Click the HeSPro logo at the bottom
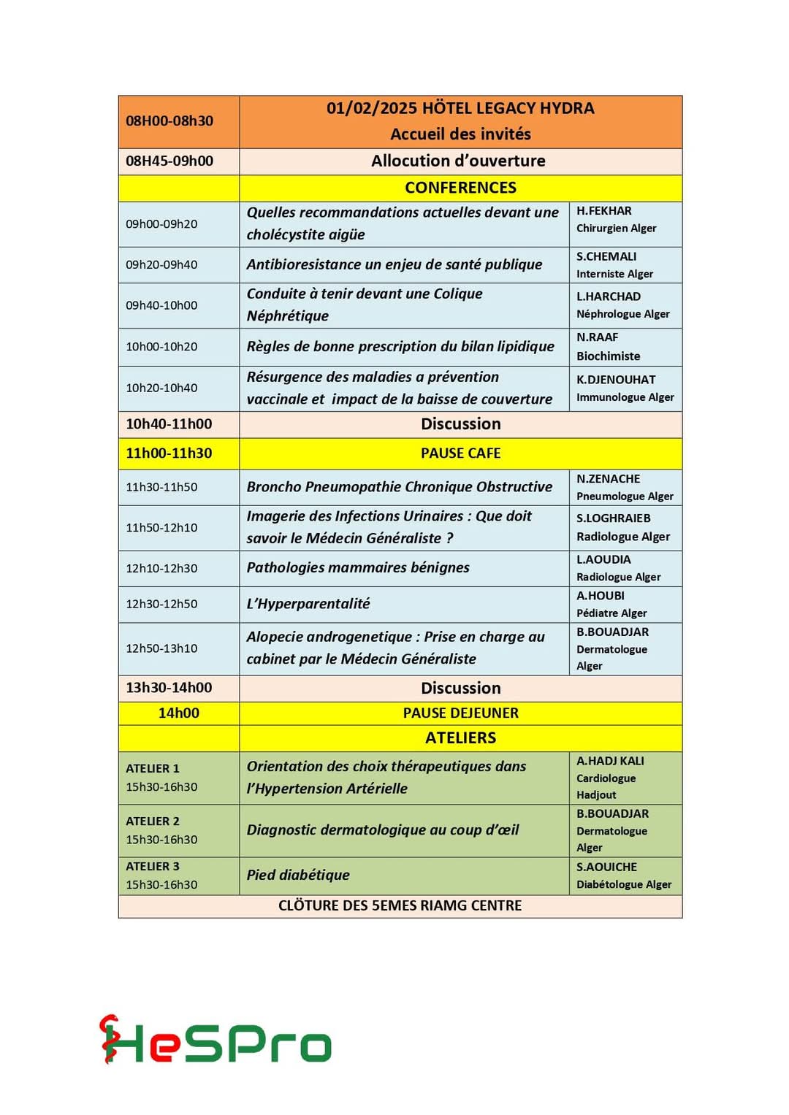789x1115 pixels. [x=216, y=1041]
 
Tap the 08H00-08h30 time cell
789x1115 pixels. [x=169, y=121]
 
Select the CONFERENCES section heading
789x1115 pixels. [x=460, y=188]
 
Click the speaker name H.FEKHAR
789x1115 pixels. [x=604, y=211]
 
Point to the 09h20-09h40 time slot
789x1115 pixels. [x=161, y=264]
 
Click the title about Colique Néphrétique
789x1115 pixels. [x=365, y=304]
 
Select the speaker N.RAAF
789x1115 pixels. [x=598, y=337]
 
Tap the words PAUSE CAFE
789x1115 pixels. [x=460, y=453]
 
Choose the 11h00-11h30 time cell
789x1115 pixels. [x=169, y=453]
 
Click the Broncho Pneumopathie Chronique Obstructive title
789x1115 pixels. [x=399, y=487]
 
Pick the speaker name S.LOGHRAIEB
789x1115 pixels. [x=613, y=518]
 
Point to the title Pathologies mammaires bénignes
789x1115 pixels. [x=358, y=567]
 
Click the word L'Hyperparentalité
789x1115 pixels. [x=308, y=604]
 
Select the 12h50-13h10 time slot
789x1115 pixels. [x=161, y=648]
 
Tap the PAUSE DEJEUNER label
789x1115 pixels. [x=460, y=713]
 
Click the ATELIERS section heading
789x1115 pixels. [x=460, y=738]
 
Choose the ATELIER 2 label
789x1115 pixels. [x=153, y=821]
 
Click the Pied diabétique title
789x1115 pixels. [x=298, y=875]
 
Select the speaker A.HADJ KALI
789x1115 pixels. [x=610, y=761]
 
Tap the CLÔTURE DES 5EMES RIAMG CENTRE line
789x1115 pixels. [x=400, y=905]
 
